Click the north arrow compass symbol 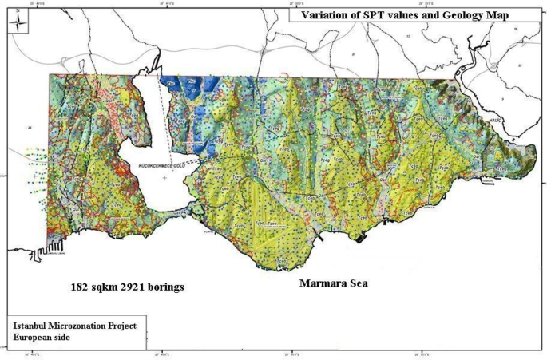pyautogui.click(x=17, y=23)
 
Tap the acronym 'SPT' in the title pyautogui.click(x=372, y=14)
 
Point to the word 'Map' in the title pyautogui.click(x=495, y=14)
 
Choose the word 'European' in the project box pyautogui.click(x=34, y=339)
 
